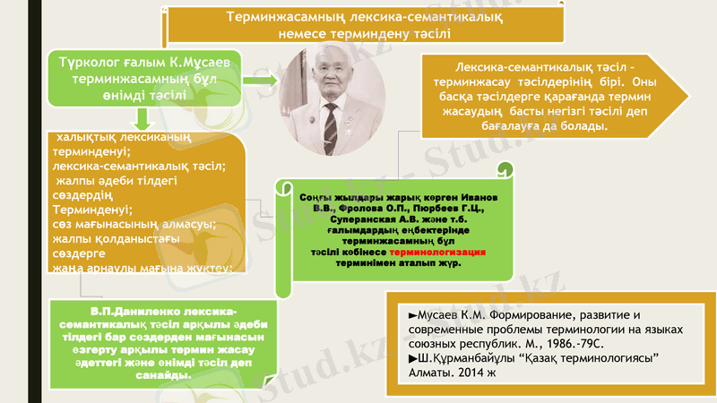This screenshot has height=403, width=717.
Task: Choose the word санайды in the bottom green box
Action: [161, 375]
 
